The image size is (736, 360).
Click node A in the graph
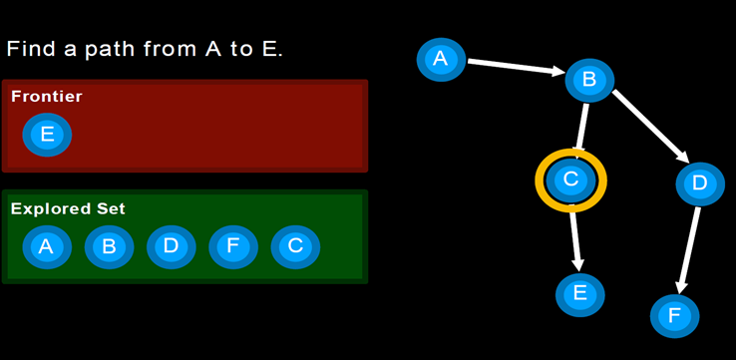(441, 59)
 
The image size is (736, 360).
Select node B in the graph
(589, 81)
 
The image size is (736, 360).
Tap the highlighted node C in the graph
(570, 180)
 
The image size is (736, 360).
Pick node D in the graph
(699, 182)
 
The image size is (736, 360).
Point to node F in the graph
(675, 316)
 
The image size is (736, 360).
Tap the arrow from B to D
(648, 125)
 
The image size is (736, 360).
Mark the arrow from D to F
(688, 249)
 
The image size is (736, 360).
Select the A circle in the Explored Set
(46, 246)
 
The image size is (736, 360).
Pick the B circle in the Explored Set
(109, 246)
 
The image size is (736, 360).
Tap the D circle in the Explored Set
(171, 246)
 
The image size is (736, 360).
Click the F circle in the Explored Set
(233, 246)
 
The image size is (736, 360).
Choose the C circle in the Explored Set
(295, 246)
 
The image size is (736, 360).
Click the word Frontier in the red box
(46, 97)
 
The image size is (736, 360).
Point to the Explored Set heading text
(68, 209)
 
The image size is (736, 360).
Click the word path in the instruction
(114, 48)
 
